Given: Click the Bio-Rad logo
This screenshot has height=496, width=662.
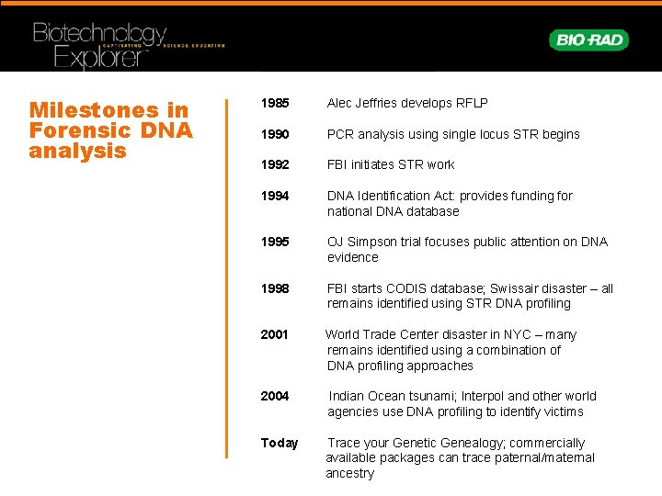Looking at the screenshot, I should tap(588, 39).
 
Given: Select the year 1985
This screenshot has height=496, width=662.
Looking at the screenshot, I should tap(275, 104).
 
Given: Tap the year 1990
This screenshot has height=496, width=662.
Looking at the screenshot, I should tap(275, 134).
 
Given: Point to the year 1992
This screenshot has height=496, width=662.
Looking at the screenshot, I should tap(275, 164).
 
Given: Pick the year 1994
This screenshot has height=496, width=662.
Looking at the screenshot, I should tap(275, 196).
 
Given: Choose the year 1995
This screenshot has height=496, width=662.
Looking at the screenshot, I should tap(275, 242).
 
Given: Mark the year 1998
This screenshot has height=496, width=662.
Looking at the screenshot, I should tap(275, 288).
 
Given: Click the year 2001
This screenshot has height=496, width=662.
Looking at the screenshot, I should tap(275, 334).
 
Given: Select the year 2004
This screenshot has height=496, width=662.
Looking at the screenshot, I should tap(275, 396).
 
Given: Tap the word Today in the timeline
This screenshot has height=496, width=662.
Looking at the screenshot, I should tap(280, 443).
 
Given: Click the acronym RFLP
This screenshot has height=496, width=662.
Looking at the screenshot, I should tap(471, 104).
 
